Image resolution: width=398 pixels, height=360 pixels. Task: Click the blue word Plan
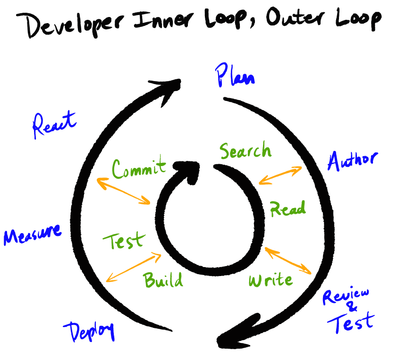pyautogui.click(x=235, y=75)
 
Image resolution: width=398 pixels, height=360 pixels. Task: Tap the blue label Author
pyautogui.click(x=352, y=161)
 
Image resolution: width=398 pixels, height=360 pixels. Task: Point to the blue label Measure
pyautogui.click(x=32, y=234)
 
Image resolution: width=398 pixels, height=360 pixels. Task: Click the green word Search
pyautogui.click(x=246, y=151)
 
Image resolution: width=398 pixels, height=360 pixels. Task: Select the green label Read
pyautogui.click(x=288, y=208)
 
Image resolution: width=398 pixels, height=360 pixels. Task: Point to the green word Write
pyautogui.click(x=270, y=280)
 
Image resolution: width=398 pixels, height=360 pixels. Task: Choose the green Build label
pyautogui.click(x=163, y=280)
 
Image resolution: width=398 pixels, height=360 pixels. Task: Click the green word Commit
pyautogui.click(x=139, y=168)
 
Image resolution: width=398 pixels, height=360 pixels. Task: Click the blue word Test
pyautogui.click(x=351, y=324)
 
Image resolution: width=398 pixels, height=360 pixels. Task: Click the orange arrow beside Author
pyautogui.click(x=280, y=175)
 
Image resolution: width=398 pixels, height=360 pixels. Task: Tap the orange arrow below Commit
pyautogui.click(x=123, y=192)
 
